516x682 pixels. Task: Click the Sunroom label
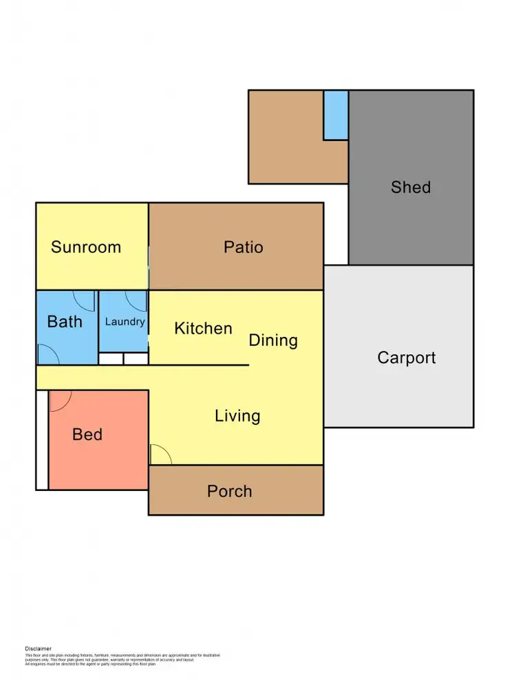[86, 247]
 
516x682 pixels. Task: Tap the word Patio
[244, 247]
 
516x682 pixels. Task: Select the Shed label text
[411, 187]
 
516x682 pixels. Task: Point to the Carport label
[407, 357]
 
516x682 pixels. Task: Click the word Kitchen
[203, 328]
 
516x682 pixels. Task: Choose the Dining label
[273, 340]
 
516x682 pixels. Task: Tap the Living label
[237, 416]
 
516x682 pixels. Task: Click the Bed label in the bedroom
[87, 434]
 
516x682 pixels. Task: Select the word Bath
[65, 321]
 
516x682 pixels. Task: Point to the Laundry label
[125, 321]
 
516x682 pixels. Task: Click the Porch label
[230, 492]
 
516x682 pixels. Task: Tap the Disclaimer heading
[39, 648]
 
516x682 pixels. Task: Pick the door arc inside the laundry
[138, 301]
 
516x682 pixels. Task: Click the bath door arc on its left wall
[47, 353]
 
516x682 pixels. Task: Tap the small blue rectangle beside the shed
[336, 115]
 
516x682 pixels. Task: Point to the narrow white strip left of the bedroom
[42, 440]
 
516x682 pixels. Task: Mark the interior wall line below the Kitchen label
[200, 365]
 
